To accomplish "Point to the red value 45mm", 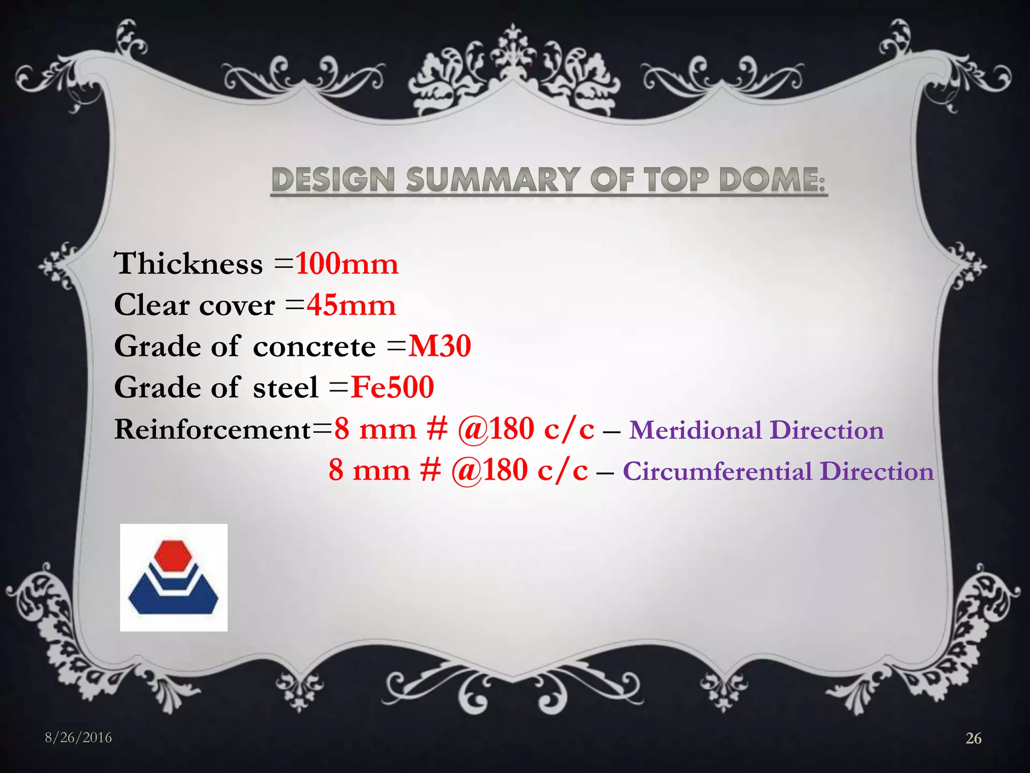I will click(352, 305).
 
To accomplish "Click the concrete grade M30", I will click(440, 346).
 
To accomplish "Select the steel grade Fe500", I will click(392, 387).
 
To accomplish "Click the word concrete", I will click(314, 347).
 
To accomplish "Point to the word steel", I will click(286, 388).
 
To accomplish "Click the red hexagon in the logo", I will click(173, 557).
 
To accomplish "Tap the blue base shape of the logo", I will click(173, 599).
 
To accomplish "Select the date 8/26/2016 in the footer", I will click(78, 738).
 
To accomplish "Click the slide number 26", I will click(974, 738).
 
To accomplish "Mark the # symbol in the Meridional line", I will click(437, 429).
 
